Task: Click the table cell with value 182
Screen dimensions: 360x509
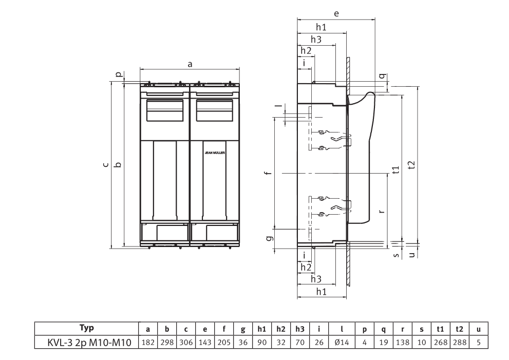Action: pos(147,341)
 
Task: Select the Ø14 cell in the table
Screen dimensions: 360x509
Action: pos(342,341)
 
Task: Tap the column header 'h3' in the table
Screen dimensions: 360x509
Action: pos(300,328)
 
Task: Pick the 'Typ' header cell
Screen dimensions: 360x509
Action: pos(86,328)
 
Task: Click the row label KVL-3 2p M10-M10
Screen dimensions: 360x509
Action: pos(86,341)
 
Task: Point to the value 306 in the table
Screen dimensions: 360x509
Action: pos(185,341)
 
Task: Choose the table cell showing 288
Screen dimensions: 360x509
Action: pos(460,341)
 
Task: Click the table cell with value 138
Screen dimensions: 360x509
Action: pos(403,341)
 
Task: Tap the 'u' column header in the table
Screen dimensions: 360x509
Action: pos(478,328)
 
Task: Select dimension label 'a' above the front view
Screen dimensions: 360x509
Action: pos(190,64)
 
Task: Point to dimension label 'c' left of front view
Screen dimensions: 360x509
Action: pos(105,164)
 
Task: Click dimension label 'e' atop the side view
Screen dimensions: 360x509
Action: pos(336,14)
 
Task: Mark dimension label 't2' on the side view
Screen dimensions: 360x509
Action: pos(411,164)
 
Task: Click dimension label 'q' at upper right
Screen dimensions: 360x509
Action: pos(382,75)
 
